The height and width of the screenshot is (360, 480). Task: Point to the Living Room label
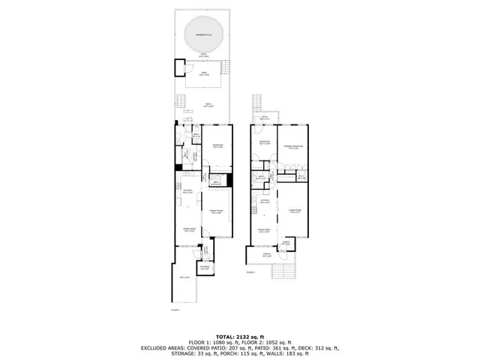pos(295,211)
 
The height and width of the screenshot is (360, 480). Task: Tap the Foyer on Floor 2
pos(286,243)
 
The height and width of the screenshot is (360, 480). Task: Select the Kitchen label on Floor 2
pos(265,201)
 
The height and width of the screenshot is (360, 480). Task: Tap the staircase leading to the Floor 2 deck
pos(259,103)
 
